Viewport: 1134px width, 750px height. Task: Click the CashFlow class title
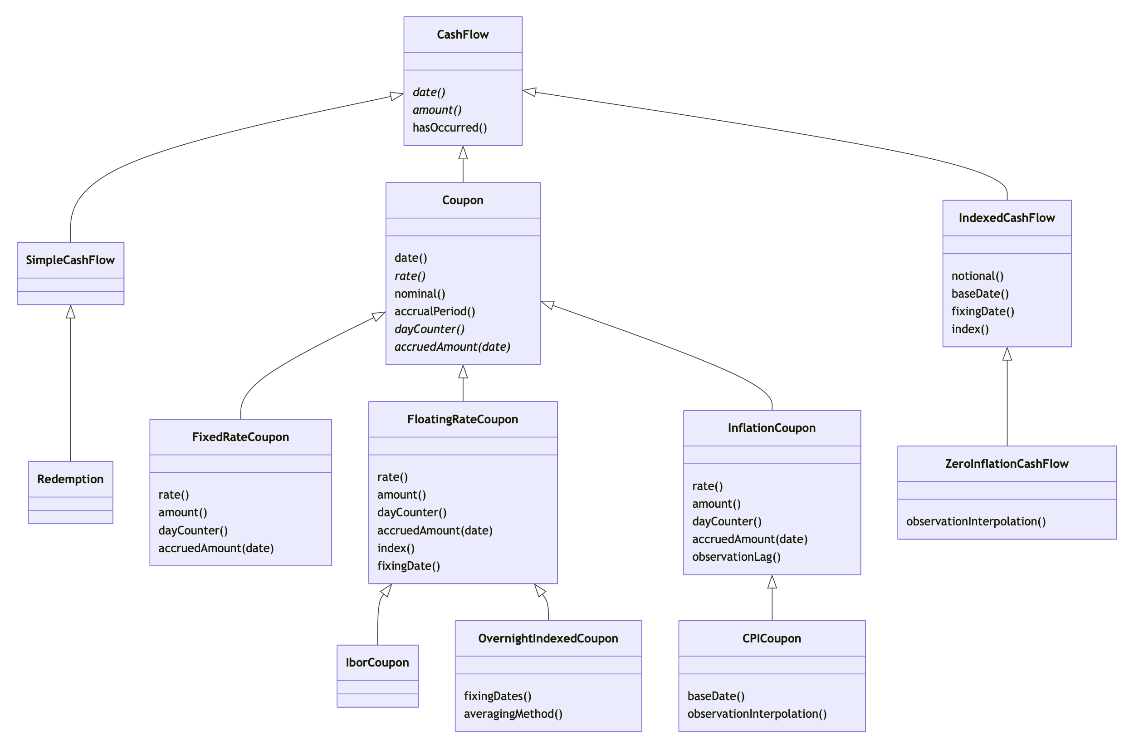(x=462, y=34)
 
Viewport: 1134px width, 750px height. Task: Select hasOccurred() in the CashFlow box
(x=450, y=127)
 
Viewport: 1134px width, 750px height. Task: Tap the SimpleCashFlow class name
(x=70, y=260)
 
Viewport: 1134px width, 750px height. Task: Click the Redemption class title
(x=70, y=479)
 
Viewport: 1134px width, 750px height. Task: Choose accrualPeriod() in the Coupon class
(x=435, y=311)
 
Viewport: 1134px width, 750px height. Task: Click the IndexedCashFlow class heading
(x=1007, y=218)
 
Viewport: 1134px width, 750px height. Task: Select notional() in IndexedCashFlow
(x=977, y=276)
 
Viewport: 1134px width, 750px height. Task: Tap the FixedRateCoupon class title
(x=240, y=437)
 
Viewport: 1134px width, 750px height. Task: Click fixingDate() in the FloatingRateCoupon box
(x=408, y=566)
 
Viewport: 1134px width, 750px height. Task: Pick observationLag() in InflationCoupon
(x=736, y=557)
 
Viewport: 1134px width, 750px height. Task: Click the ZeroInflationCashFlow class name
(x=1007, y=464)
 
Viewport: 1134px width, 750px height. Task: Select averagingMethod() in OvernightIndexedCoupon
(x=513, y=714)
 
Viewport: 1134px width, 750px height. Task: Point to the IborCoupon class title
(x=377, y=663)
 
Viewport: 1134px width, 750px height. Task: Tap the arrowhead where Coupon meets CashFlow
(x=463, y=152)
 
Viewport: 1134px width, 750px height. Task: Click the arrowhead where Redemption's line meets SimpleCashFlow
(x=71, y=311)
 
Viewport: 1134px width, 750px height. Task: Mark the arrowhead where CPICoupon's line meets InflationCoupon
(x=772, y=582)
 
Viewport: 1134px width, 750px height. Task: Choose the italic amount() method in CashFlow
(x=437, y=110)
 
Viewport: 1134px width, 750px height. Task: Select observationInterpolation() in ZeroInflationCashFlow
(x=976, y=522)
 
